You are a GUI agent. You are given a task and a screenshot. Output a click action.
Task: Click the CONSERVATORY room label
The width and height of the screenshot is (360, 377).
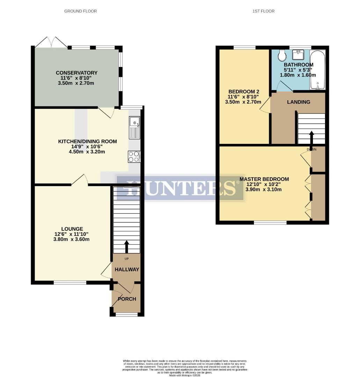tap(77, 73)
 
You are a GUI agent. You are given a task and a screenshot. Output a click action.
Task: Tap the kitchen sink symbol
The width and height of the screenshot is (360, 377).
tap(134, 127)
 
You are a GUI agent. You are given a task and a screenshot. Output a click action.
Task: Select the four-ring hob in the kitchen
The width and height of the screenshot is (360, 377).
tap(134, 156)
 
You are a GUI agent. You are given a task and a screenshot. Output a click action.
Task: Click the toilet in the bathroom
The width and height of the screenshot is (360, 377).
tap(282, 55)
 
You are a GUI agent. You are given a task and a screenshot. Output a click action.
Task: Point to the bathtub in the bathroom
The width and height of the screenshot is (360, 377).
tap(317, 70)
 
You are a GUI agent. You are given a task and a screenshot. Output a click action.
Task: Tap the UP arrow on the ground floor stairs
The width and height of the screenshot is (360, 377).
tap(126, 246)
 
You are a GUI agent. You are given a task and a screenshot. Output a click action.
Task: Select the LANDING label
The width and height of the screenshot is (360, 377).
tap(299, 102)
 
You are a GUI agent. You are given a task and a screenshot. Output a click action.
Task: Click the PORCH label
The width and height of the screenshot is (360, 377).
tap(127, 299)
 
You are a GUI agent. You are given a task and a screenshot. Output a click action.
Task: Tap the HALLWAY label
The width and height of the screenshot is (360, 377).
tap(127, 269)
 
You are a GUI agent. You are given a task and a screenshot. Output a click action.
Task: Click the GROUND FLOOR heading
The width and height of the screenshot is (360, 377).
tap(80, 11)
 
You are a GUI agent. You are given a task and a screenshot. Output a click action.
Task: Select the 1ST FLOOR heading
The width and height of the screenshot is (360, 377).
tap(263, 11)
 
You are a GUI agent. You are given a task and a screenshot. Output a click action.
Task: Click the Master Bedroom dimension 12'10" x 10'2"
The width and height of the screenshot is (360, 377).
tap(264, 184)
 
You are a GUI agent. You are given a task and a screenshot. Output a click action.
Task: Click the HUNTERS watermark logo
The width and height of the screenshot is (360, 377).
tap(180, 188)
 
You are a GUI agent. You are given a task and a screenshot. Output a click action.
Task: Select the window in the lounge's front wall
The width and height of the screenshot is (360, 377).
tap(70, 282)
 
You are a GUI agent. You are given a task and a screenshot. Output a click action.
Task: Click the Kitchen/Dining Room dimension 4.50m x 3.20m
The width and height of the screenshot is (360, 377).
tap(87, 152)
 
